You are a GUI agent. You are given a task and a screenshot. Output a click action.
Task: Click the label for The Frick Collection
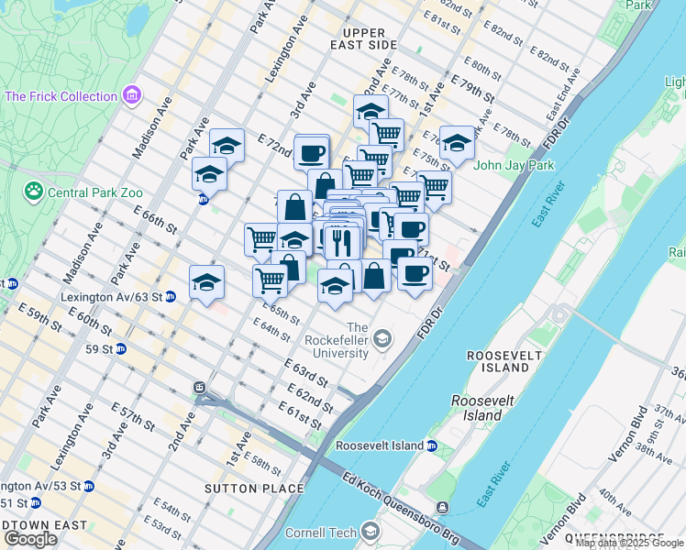(x=61, y=95)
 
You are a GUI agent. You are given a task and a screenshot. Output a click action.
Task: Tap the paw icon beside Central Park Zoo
(x=34, y=192)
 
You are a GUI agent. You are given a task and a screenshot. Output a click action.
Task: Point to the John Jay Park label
(x=514, y=166)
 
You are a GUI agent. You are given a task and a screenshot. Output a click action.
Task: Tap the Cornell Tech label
(x=321, y=532)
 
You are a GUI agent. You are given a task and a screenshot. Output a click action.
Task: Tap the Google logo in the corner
(x=30, y=539)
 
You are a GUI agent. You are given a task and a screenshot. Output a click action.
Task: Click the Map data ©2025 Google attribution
(x=629, y=544)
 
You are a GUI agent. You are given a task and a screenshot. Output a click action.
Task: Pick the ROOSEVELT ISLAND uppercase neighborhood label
(x=497, y=361)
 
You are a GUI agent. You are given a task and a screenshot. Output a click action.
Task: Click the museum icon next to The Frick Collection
(x=131, y=94)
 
